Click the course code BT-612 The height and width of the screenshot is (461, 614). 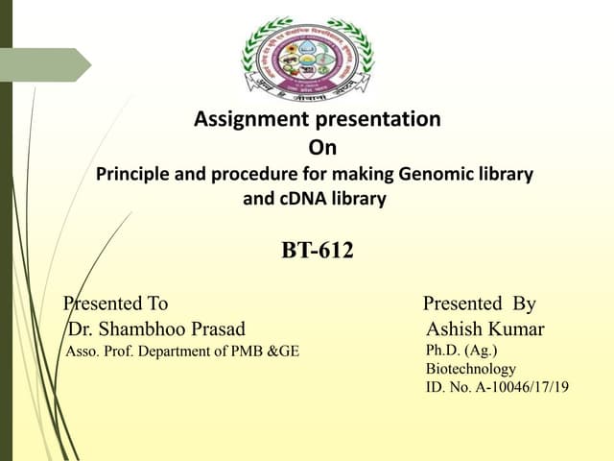[x=318, y=252]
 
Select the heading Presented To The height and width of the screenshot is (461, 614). [x=116, y=304]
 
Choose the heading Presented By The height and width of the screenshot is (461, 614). [x=479, y=304]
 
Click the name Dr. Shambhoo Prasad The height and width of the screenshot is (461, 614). [x=156, y=329]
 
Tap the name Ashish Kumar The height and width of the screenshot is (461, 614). [x=485, y=329]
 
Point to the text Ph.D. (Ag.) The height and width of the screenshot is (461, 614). [x=461, y=351]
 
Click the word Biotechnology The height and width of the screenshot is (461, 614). [x=471, y=369]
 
